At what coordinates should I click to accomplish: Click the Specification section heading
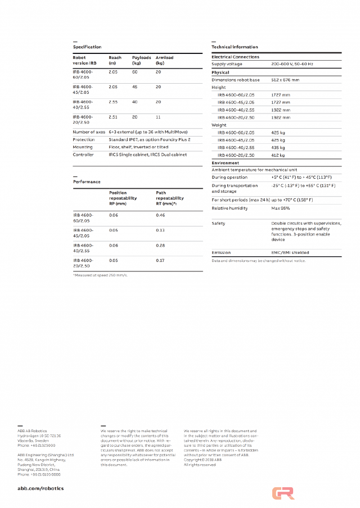click(87, 47)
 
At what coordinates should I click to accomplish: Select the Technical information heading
click(235, 47)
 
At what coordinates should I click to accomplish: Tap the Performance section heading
click(87, 182)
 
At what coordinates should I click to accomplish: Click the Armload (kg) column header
click(164, 60)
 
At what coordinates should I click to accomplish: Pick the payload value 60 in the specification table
click(135, 72)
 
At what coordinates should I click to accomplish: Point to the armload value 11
click(158, 117)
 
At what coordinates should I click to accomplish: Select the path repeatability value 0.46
click(160, 215)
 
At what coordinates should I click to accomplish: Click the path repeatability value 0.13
click(160, 230)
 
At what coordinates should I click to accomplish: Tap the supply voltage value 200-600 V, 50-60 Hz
click(292, 65)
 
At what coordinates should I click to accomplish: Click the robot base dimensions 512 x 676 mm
click(285, 80)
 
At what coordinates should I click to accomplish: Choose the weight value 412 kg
click(278, 155)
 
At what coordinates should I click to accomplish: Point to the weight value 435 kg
click(278, 147)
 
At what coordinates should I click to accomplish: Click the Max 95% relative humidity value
click(280, 208)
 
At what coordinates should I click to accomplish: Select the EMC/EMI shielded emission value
click(290, 253)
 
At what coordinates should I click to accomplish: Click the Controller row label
click(83, 155)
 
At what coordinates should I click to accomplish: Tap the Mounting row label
click(83, 147)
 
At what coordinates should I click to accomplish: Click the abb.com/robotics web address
click(40, 488)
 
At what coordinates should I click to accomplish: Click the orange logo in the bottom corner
click(283, 493)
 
